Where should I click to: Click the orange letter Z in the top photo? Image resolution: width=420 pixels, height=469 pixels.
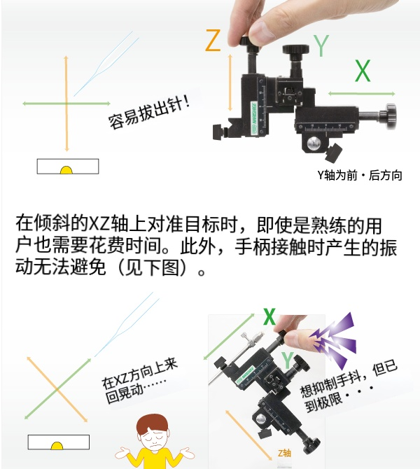pos(213,41)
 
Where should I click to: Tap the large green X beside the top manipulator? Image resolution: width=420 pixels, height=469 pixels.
pos(363,71)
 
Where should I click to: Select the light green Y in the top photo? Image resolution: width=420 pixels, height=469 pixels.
pos(321,45)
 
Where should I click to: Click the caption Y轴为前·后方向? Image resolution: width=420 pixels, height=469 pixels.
pos(360,175)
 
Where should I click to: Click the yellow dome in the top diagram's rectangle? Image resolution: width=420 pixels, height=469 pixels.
pos(66,170)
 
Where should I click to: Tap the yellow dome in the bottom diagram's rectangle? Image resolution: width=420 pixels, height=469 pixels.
pos(57,446)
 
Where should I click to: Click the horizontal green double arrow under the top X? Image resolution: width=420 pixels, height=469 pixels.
pos(361,94)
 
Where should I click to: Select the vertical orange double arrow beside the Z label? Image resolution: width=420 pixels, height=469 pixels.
pos(230,83)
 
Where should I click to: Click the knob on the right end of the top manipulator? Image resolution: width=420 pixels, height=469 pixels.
pos(389,117)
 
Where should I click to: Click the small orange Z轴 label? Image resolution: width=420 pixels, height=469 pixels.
pos(284,453)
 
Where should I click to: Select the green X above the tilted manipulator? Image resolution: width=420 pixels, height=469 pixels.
pos(269,316)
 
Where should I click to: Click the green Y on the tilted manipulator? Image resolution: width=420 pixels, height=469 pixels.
pos(288,360)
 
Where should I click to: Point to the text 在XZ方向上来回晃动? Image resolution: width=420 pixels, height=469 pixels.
pos(139,381)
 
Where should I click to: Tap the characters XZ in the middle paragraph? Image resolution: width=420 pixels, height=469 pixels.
pos(99,224)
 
